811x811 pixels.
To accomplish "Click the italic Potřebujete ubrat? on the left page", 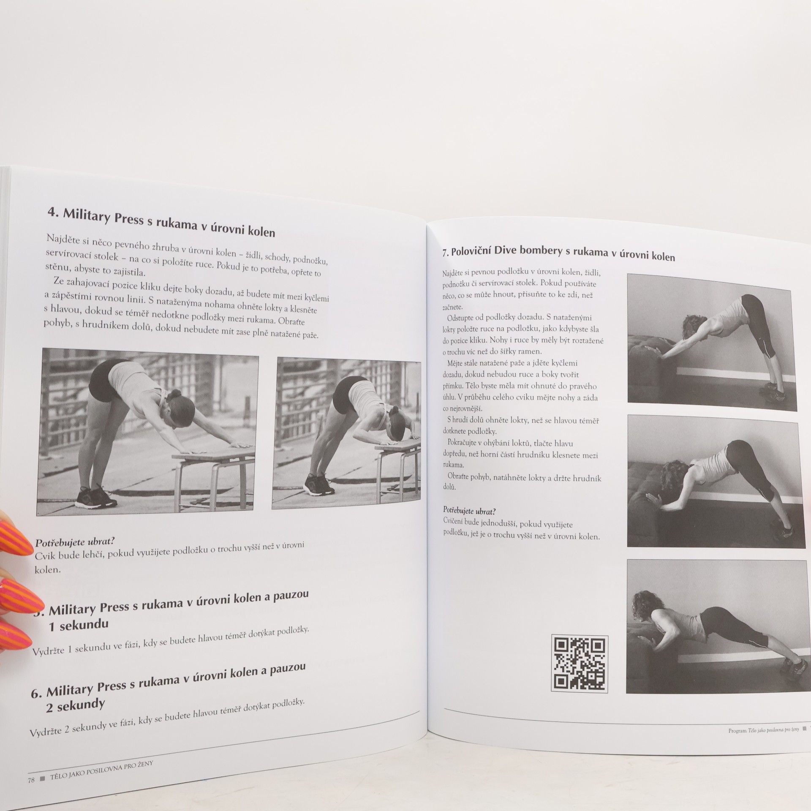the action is [75, 542].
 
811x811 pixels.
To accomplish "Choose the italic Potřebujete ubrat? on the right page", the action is [464, 510].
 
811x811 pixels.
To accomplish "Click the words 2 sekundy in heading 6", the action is [75, 706].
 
